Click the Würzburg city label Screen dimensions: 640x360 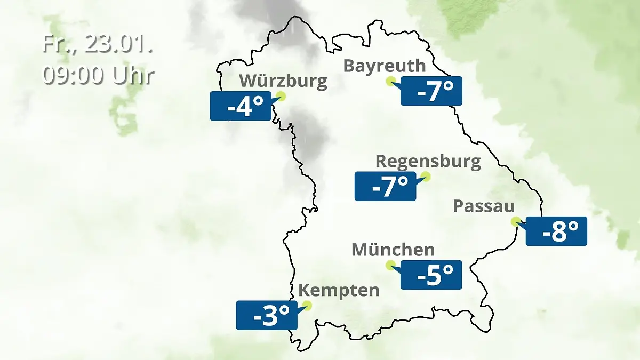(283, 82)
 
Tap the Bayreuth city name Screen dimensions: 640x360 (384, 66)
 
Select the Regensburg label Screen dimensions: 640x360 (428, 162)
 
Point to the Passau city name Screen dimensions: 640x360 (484, 207)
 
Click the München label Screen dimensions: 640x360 (393, 250)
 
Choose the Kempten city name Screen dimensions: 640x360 (339, 291)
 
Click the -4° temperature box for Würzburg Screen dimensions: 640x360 (241, 106)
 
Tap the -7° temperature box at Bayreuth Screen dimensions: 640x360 (431, 91)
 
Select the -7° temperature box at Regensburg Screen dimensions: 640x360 (385, 186)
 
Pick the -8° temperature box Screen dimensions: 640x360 (556, 231)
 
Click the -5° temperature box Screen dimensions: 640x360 (431, 275)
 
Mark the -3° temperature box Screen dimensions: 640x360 (266, 315)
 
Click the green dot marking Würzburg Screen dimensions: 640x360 (281, 97)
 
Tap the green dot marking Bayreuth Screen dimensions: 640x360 (390, 81)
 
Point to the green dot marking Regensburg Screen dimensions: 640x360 (425, 176)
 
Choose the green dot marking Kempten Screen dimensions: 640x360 (306, 306)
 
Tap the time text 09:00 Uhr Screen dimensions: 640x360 (98, 75)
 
